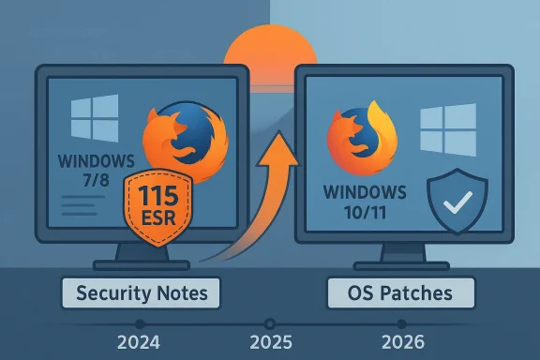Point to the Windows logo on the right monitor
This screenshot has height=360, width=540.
coord(442,129)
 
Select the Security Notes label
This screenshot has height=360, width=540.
coord(141,293)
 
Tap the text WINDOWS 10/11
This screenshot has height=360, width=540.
coord(365,202)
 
